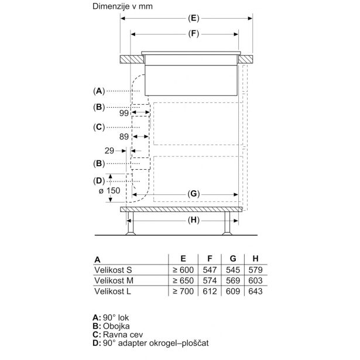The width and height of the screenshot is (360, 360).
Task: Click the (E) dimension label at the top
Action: click(x=194, y=18)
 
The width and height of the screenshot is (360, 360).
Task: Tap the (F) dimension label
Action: click(x=194, y=34)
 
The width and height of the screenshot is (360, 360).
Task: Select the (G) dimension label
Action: click(x=194, y=194)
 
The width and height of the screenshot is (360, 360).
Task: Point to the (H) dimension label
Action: click(x=194, y=221)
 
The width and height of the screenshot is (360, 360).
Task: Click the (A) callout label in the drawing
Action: click(x=99, y=91)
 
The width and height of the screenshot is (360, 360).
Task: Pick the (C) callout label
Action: click(x=99, y=127)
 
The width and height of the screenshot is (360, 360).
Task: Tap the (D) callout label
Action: click(x=99, y=181)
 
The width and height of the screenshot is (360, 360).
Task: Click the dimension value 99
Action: click(x=124, y=113)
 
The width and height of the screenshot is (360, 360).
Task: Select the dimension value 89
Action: click(x=124, y=137)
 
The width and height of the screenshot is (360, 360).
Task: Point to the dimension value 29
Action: click(x=109, y=151)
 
